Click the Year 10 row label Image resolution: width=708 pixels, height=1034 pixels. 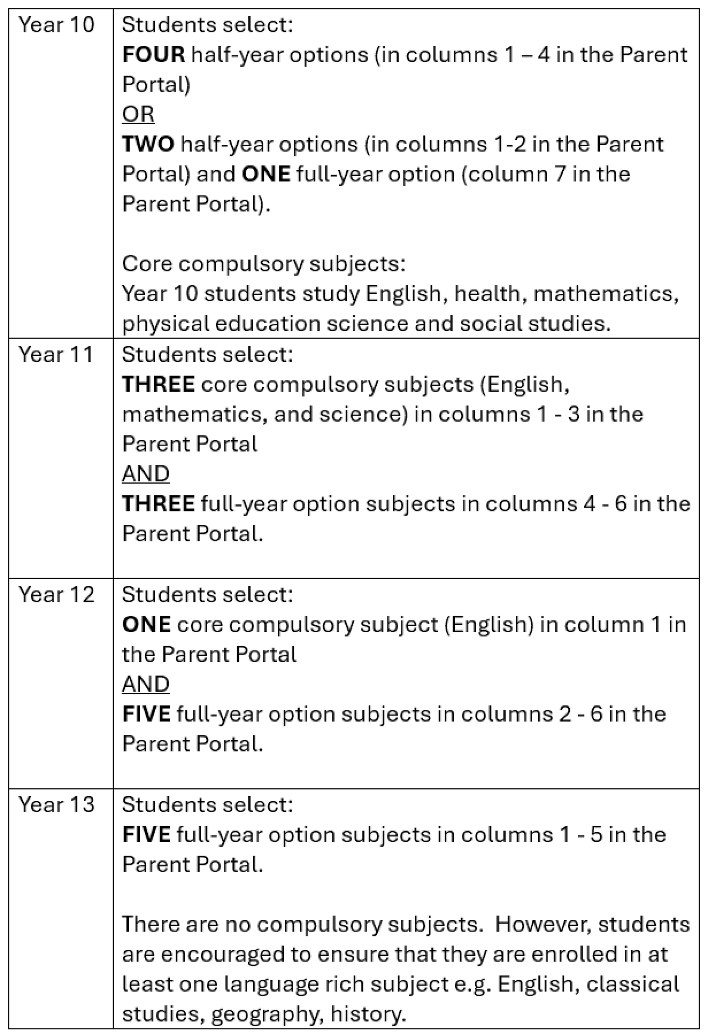(56, 25)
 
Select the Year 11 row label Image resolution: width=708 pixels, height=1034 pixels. (56, 355)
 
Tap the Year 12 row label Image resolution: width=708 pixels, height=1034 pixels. (56, 595)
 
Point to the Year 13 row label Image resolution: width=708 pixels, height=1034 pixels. (56, 804)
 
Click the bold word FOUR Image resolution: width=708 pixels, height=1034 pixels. (154, 55)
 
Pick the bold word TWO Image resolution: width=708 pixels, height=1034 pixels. (148, 144)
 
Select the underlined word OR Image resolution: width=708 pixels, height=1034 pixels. (138, 114)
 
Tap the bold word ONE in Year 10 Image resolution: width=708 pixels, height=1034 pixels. (266, 174)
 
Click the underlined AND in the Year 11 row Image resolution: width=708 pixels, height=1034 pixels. (146, 474)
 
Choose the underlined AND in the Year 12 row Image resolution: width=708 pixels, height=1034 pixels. (146, 684)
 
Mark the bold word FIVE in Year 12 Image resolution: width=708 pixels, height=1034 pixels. (146, 714)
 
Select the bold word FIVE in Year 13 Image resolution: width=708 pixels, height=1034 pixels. (146, 834)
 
